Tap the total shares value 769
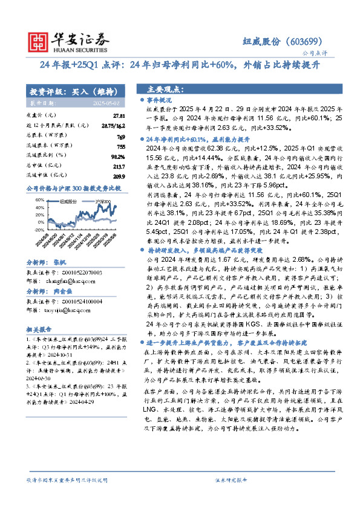tap(120, 138)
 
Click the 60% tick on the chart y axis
tap(39, 199)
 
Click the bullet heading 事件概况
tap(160, 99)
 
